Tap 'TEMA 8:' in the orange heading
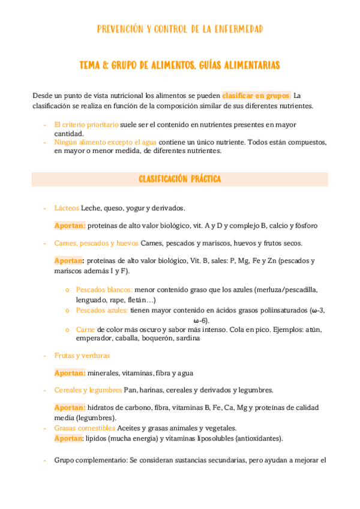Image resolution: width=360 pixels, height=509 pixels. pos(94,64)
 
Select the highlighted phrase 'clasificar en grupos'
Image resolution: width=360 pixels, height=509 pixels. pos(256,95)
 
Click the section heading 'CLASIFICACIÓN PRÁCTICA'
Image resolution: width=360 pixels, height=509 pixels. pos(179,179)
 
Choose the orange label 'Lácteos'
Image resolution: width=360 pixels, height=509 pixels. pos(67,208)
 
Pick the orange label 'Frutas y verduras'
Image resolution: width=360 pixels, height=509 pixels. pos(82,355)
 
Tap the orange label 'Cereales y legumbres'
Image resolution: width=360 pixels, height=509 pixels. pos(88,390)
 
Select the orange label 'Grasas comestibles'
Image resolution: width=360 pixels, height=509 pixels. pos(85,428)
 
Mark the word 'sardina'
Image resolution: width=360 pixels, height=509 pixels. pos(187,338)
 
